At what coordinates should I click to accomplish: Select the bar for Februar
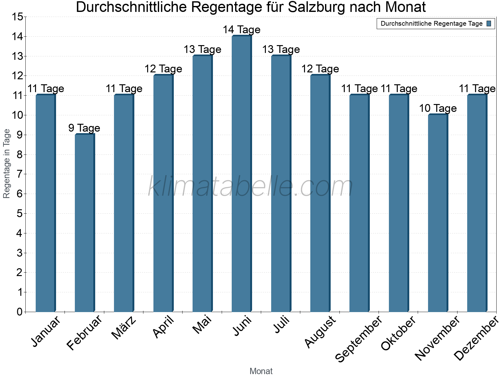[85, 223]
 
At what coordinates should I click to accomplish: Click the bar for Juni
[241, 174]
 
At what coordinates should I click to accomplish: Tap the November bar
[438, 213]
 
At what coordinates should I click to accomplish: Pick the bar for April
[163, 194]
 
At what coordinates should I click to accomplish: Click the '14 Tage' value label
[241, 30]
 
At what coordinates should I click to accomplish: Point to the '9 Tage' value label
[84, 128]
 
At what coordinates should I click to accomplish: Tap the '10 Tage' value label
[438, 108]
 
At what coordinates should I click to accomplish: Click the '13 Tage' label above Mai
[202, 50]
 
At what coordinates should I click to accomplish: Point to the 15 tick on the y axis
[18, 17]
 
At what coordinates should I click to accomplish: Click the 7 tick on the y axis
[20, 174]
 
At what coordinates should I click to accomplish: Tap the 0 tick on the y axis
[20, 312]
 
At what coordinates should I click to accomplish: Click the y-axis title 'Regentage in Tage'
[7, 164]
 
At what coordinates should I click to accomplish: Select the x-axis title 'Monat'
[261, 371]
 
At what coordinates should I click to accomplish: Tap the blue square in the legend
[489, 23]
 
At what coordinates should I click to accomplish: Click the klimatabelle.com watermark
[250, 187]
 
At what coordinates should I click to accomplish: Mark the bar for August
[320, 194]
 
